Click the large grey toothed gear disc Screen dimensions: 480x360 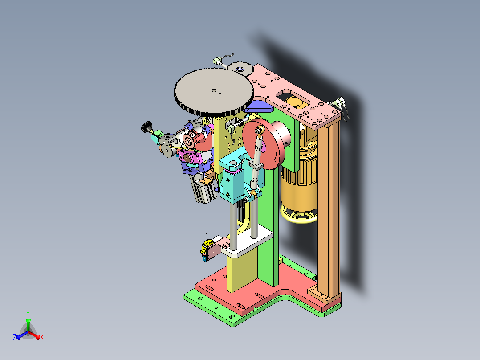pos(214,92)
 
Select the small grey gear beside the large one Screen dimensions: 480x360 pos(240,69)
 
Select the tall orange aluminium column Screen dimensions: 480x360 pos(328,209)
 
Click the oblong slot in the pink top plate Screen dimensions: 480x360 pos(293,98)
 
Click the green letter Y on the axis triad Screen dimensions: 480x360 pos(28,313)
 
